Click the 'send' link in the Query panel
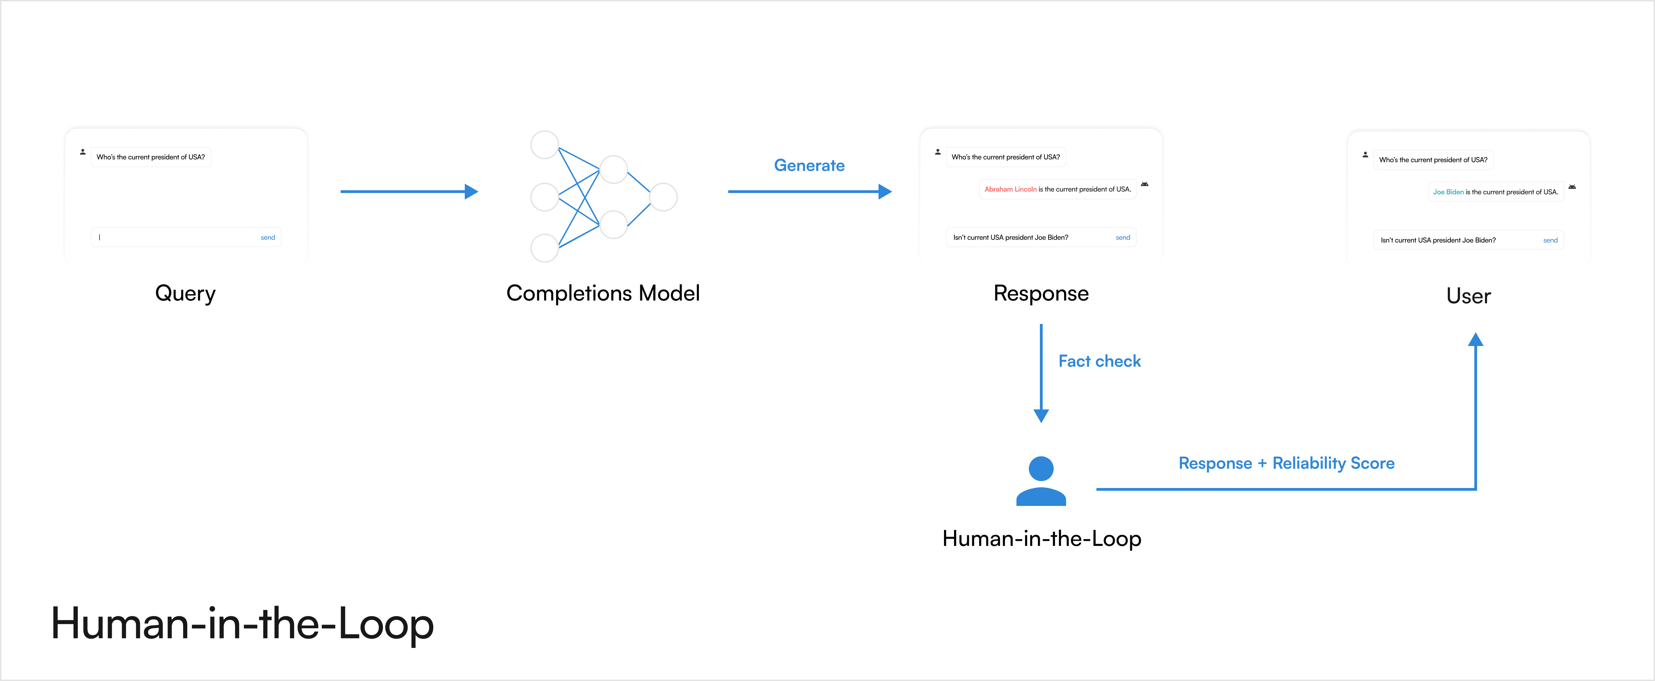tap(267, 238)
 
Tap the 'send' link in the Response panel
tap(1122, 238)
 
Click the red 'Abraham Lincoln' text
tap(1010, 190)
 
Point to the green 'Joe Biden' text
tap(1448, 192)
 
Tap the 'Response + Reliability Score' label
tap(1286, 463)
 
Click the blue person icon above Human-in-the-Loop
tap(1041, 481)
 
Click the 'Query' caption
tap(185, 294)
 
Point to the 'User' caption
tap(1468, 296)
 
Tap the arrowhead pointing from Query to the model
tap(472, 192)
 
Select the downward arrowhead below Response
tap(1041, 416)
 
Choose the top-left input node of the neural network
tap(544, 144)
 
